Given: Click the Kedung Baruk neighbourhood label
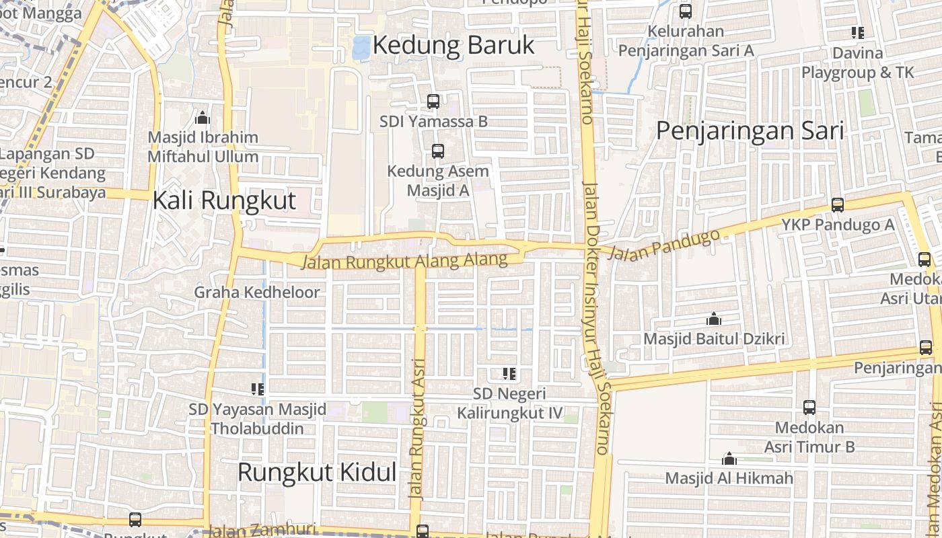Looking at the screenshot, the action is click(453, 45).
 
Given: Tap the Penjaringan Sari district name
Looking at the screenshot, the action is click(750, 130).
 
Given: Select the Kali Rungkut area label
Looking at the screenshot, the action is click(224, 200).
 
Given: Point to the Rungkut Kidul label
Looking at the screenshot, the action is click(317, 472).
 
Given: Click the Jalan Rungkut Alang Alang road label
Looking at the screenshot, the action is click(404, 261).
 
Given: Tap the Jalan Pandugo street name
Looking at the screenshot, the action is click(667, 245).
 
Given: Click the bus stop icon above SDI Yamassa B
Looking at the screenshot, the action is click(433, 102).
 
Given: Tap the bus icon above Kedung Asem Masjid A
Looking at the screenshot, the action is click(438, 151).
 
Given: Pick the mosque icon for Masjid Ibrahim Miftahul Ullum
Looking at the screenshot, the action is click(203, 118).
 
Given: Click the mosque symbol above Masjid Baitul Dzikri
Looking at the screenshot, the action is click(714, 319).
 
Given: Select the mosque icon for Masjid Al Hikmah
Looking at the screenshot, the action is click(729, 459).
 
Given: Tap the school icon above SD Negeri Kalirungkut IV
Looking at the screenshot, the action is click(509, 373).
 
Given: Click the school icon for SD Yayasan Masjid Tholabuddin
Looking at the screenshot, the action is click(257, 389).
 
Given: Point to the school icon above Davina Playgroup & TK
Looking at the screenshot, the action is click(857, 32).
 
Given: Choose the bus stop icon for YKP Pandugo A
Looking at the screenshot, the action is click(838, 205).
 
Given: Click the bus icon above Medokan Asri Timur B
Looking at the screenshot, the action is click(809, 408).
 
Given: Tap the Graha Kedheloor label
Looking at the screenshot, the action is click(257, 293).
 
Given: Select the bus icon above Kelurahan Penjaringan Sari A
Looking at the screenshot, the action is click(686, 11).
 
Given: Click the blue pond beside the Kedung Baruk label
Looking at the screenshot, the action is click(361, 47).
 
